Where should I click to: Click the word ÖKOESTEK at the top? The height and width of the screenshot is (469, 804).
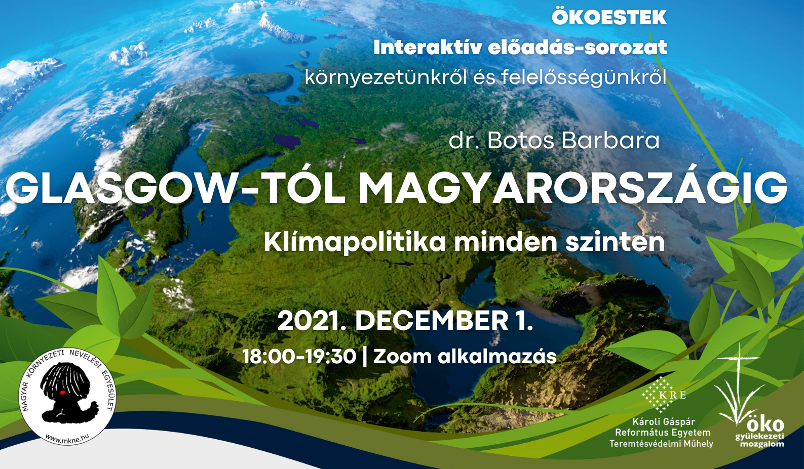click(609, 17)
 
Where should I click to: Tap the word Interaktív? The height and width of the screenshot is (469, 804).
click(427, 48)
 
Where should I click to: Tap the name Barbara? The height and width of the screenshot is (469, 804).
click(610, 141)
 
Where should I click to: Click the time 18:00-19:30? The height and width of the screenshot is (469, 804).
click(300, 357)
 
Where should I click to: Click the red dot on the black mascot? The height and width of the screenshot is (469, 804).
click(62, 393)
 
